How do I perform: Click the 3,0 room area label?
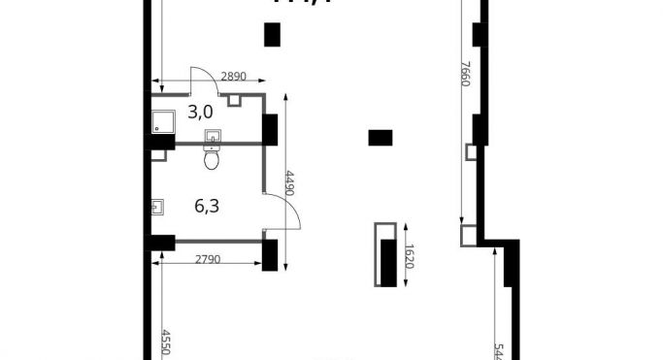(201, 112)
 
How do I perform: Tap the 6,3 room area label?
(206, 205)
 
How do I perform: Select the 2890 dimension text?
(235, 76)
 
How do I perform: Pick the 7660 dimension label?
(465, 75)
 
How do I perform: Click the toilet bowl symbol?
(213, 159)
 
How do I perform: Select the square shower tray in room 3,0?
(163, 120)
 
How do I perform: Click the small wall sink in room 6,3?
(157, 206)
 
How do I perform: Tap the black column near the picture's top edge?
(273, 35)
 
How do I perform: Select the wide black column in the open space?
(381, 137)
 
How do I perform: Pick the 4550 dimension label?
(166, 344)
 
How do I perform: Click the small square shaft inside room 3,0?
(234, 99)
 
